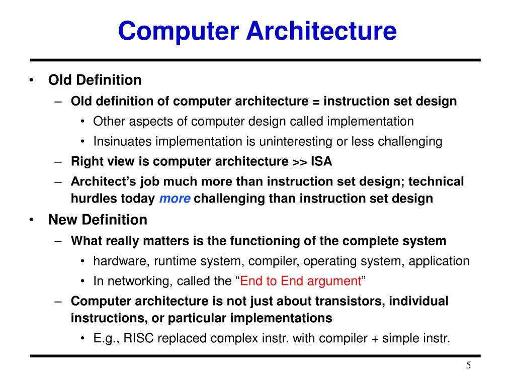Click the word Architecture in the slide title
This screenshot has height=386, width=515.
click(321, 31)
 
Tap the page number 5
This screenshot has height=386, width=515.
click(468, 365)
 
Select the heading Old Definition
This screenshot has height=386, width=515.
click(95, 80)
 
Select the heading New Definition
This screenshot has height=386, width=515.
click(98, 220)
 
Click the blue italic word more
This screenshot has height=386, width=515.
click(175, 199)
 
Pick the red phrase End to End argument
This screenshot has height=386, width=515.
click(301, 281)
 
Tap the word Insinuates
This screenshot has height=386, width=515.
click(123, 142)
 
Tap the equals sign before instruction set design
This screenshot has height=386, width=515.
click(316, 102)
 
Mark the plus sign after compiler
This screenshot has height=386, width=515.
click(375, 338)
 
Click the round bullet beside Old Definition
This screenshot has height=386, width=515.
click(32, 81)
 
